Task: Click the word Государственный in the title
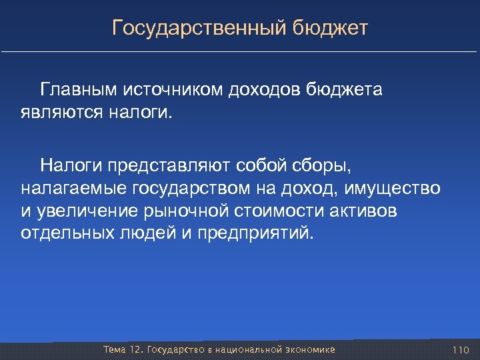point(199,28)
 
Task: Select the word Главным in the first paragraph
point(79,90)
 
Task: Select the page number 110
point(461,350)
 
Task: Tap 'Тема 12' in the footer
point(122,350)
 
